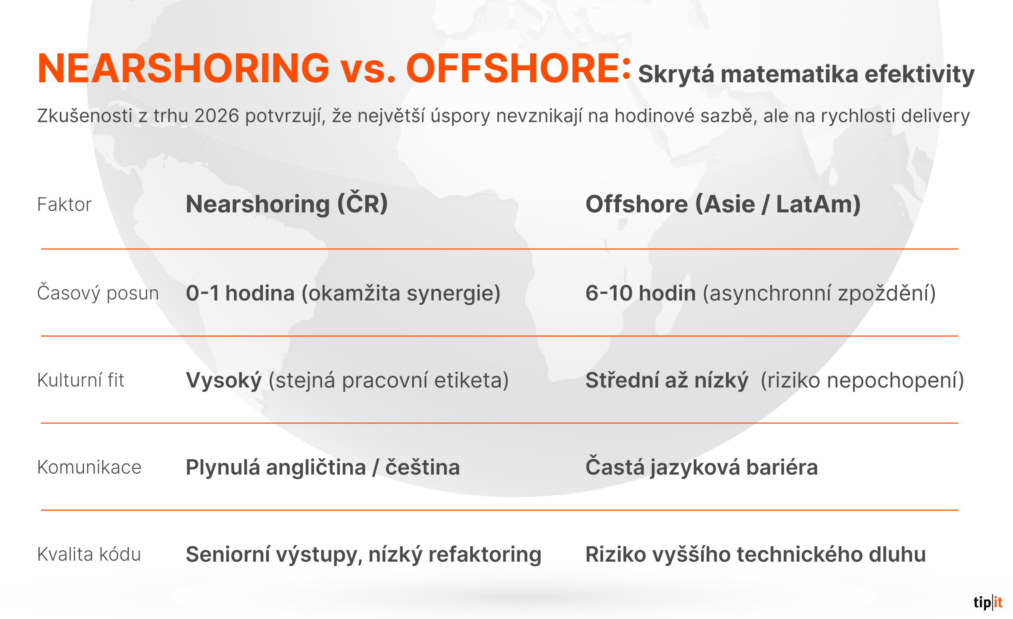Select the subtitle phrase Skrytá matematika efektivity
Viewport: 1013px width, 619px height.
click(806, 75)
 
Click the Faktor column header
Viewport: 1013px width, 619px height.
click(64, 204)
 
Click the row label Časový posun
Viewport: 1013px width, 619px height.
click(98, 293)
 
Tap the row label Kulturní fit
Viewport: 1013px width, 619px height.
click(81, 380)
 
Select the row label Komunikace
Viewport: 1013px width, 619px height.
click(89, 468)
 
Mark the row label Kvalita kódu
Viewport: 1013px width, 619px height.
click(89, 554)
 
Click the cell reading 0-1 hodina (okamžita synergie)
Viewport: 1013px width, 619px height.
click(343, 293)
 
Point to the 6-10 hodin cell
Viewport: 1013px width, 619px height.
click(761, 293)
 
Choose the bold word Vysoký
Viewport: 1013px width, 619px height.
click(224, 380)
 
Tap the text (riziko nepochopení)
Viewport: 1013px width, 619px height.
click(862, 380)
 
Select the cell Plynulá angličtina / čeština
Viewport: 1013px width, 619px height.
click(323, 468)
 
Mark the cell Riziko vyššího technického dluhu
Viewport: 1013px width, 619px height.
click(756, 555)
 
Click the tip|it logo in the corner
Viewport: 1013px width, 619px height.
click(988, 602)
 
